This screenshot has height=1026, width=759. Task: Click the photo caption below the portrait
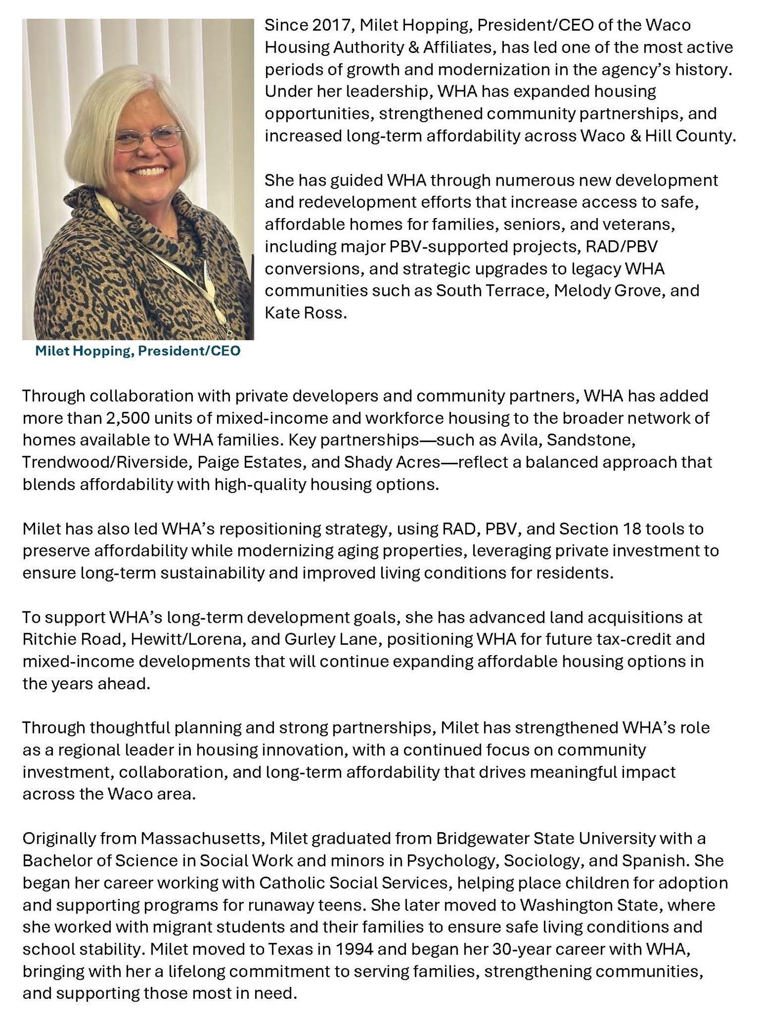tap(138, 351)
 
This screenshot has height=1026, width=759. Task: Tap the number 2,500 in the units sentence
tap(127, 418)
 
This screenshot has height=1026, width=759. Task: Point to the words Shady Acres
tap(392, 462)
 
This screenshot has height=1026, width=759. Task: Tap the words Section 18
tap(597, 528)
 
